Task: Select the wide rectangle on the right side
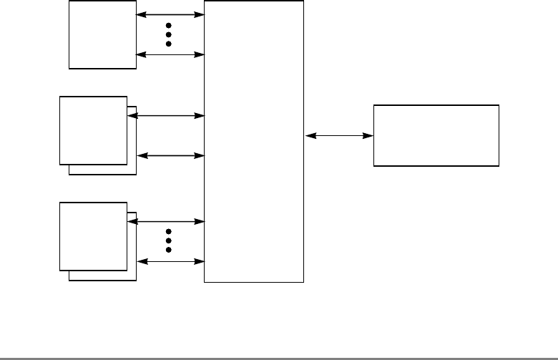point(436,135)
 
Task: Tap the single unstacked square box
point(102,34)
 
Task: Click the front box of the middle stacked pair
point(94,130)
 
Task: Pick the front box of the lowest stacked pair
point(94,236)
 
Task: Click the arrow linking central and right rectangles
point(338,135)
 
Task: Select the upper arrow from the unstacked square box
point(170,14)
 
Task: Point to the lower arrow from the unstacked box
point(170,54)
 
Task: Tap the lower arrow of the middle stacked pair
point(170,155)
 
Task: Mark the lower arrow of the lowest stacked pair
point(170,261)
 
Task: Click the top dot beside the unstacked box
point(170,26)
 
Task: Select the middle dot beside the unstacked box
point(170,34)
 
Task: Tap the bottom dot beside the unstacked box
point(170,44)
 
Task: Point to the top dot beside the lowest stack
point(170,232)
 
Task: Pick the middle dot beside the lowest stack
point(170,241)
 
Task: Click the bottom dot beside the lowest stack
point(170,250)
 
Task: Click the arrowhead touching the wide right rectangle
point(368,135)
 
